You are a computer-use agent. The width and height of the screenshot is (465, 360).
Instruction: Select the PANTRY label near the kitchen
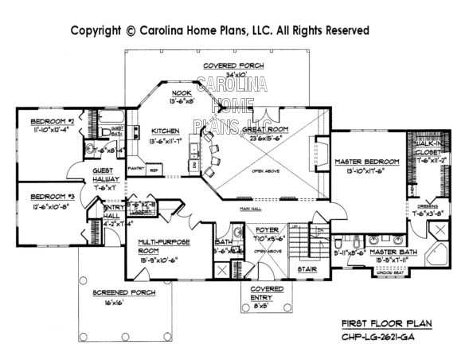point(135,170)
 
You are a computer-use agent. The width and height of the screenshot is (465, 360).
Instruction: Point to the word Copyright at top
point(96,30)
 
